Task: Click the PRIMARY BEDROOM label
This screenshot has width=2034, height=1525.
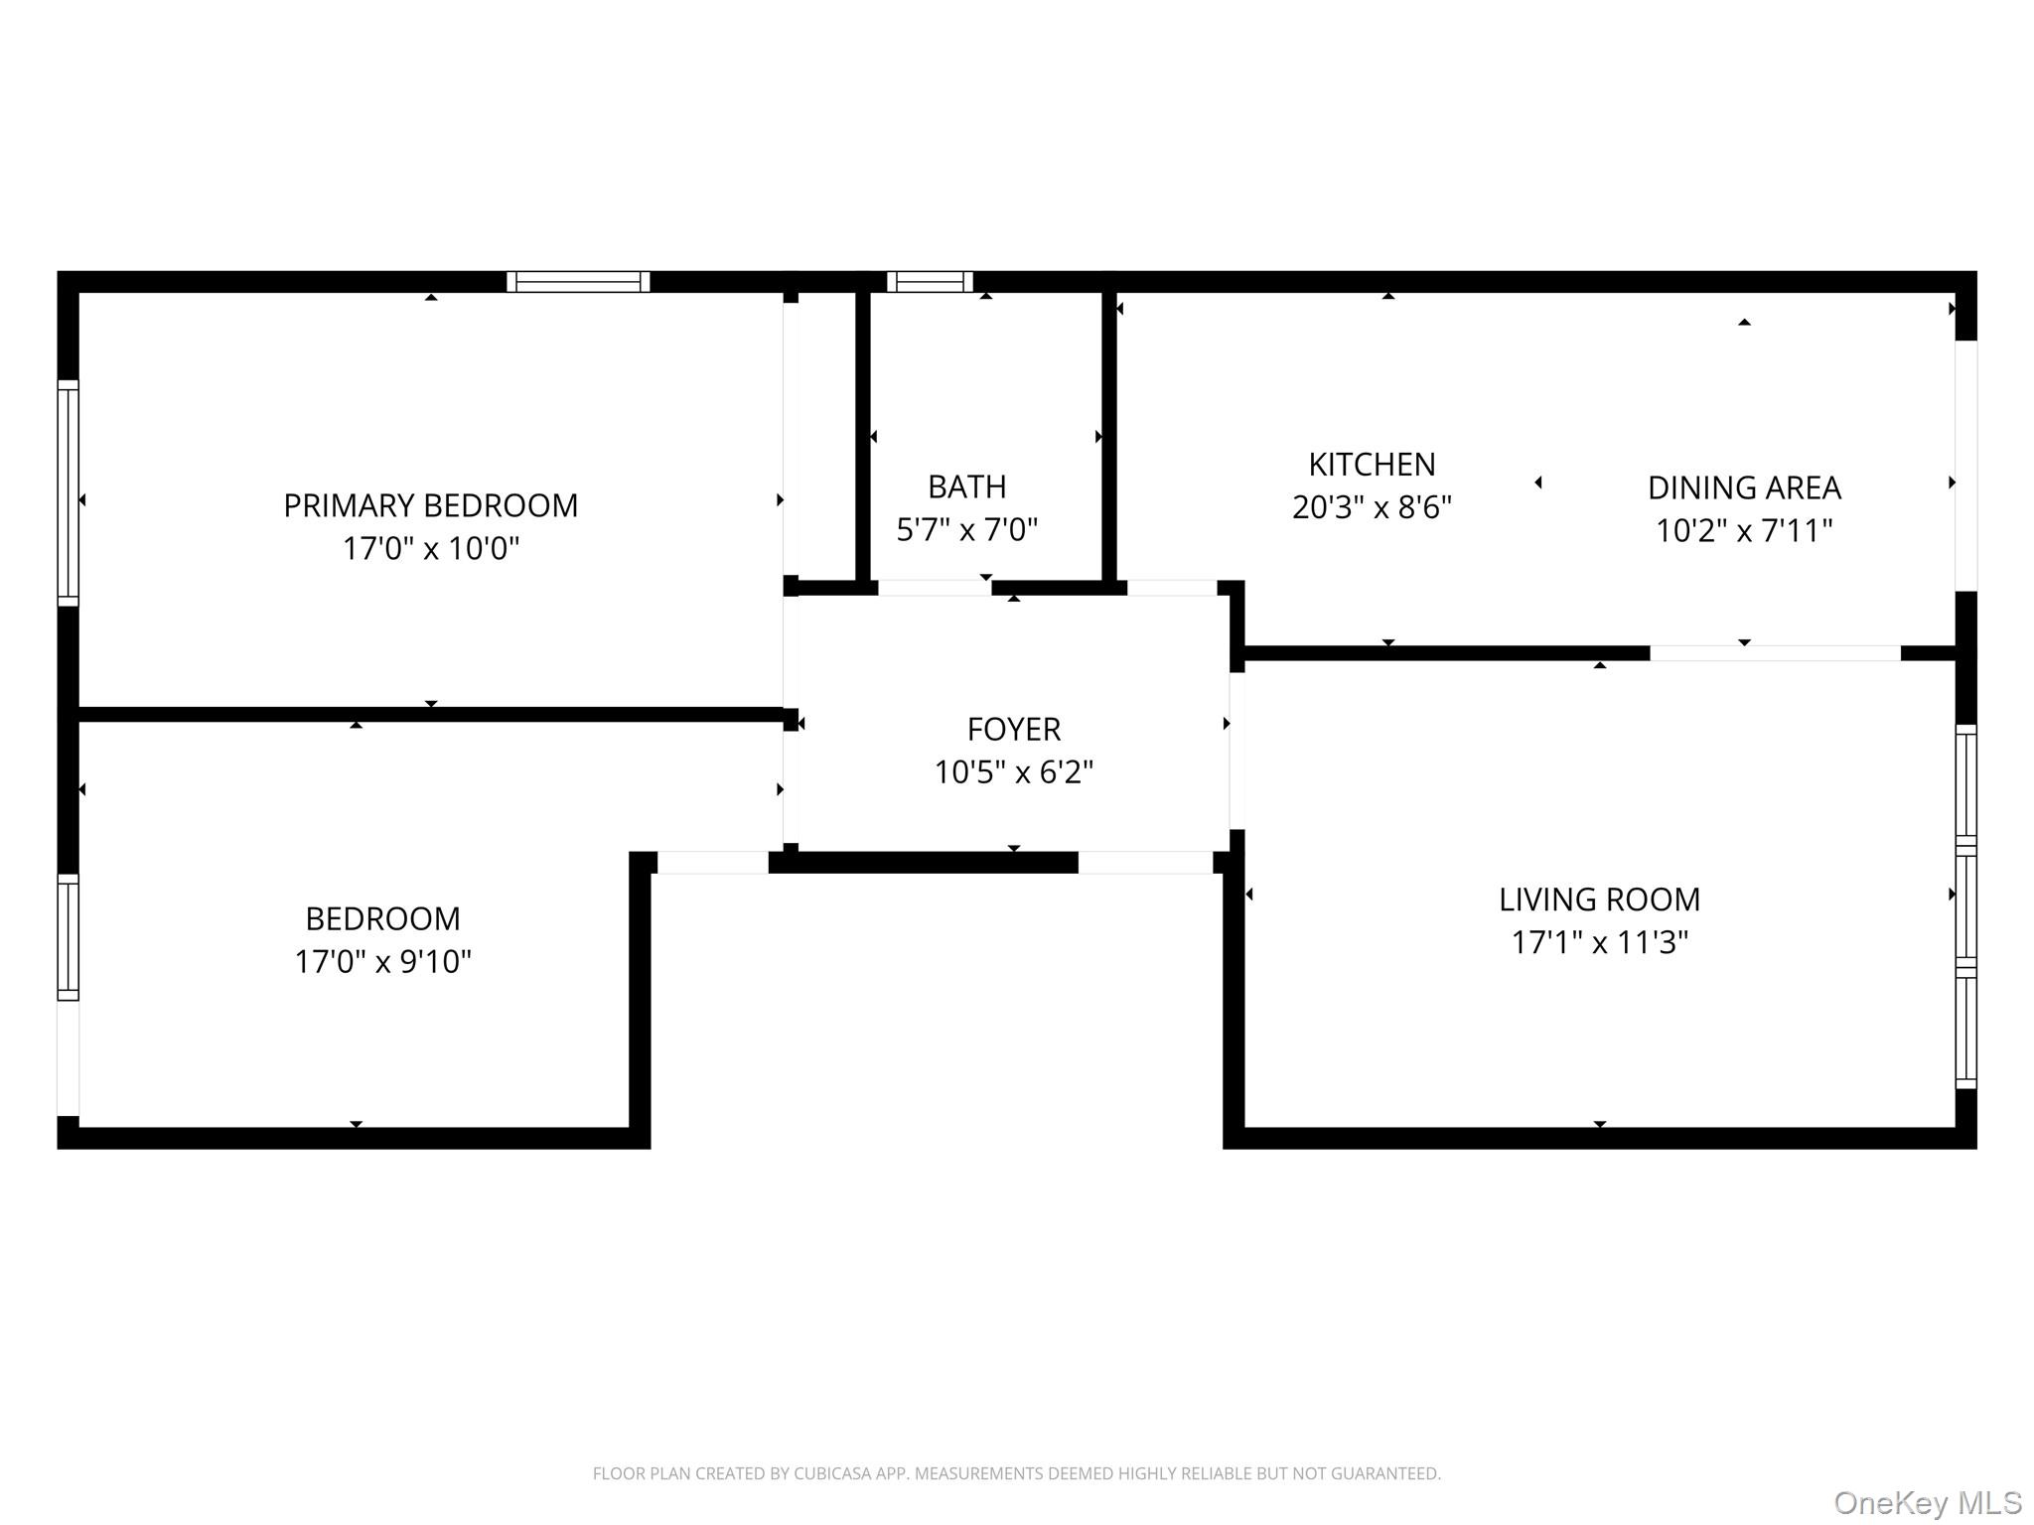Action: coord(431,505)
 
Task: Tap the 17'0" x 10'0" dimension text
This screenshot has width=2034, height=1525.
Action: coord(431,548)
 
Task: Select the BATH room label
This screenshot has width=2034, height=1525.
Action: coord(967,486)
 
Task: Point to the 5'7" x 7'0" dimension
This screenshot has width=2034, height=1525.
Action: coord(967,529)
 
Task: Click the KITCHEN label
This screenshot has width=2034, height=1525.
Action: coord(1372,464)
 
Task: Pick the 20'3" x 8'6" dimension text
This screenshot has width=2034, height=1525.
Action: coord(1372,507)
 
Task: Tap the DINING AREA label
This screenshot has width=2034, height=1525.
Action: coord(1744,487)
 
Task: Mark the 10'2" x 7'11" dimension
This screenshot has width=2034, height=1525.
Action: coord(1744,530)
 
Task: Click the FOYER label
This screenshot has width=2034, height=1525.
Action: coord(1014,729)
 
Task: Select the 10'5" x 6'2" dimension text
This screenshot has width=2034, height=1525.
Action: coord(1014,771)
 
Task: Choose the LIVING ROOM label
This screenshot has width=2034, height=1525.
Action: coord(1599,899)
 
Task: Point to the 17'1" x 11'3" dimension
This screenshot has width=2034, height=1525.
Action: coord(1599,941)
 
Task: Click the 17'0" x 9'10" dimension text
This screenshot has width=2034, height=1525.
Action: coord(382,961)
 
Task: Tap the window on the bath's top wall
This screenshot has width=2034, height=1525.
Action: coord(930,282)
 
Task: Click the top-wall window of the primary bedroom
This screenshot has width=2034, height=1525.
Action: coord(578,282)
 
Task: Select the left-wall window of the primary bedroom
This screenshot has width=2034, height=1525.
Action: coord(68,492)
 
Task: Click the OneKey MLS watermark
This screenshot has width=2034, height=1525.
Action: coord(1928,1503)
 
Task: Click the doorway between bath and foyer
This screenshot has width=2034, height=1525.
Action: coord(935,588)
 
